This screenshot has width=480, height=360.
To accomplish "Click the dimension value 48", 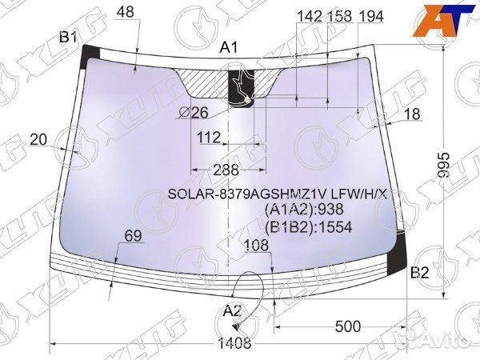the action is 126,12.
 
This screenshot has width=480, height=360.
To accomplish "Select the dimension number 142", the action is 310,17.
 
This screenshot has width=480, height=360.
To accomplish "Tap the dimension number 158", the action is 340,17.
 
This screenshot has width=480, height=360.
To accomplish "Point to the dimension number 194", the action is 371,17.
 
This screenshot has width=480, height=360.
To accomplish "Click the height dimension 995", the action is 444,166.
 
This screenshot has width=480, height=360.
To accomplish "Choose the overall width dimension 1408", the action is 234,343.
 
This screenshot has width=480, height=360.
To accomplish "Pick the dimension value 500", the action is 348,326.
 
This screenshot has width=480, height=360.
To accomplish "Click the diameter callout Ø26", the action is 194,113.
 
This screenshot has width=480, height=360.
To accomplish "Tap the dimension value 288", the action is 226,170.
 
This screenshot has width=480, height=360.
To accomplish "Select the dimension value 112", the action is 209,138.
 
